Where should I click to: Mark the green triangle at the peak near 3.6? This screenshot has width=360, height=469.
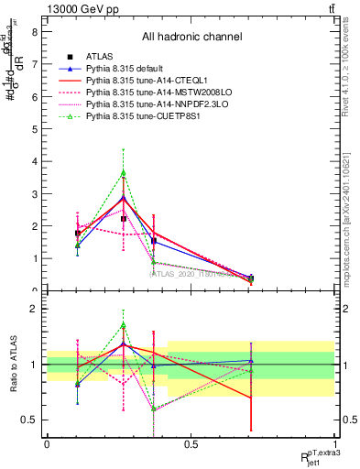point(124,172)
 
